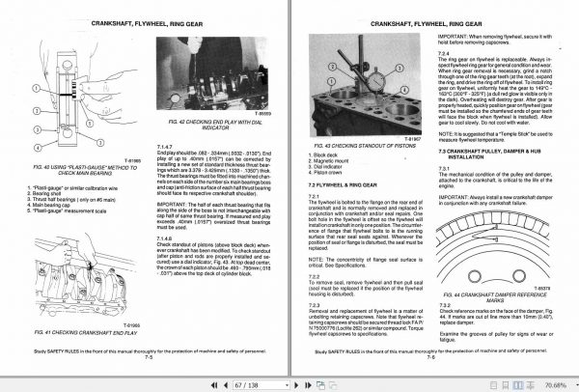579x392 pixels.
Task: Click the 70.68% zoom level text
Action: pyautogui.click(x=551, y=384)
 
